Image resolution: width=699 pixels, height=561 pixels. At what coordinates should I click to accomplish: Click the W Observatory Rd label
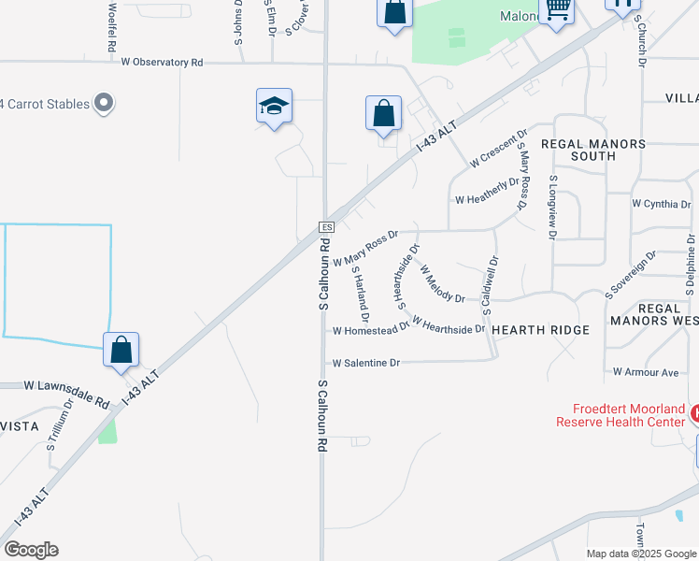[162, 62]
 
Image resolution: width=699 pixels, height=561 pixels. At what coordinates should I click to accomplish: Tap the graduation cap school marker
[275, 106]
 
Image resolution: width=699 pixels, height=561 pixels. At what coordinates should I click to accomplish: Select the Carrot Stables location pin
[104, 103]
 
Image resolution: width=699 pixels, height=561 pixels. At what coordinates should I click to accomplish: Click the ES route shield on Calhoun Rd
[326, 227]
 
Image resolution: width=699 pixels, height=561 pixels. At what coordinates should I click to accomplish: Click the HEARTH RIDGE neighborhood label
[540, 330]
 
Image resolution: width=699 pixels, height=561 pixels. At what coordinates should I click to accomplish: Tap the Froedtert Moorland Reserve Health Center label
[621, 415]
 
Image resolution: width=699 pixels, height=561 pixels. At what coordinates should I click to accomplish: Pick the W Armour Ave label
[646, 372]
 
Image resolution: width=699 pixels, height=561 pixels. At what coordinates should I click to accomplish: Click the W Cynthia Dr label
[661, 204]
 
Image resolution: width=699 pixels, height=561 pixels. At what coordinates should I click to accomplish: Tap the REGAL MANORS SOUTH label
[592, 151]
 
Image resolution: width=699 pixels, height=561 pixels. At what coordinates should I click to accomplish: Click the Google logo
[31, 550]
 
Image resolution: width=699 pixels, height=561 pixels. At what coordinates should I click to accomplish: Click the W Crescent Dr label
[499, 148]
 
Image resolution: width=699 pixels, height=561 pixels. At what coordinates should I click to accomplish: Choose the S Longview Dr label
[553, 207]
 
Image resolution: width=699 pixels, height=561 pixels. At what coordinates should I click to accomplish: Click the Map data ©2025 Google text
[641, 554]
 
